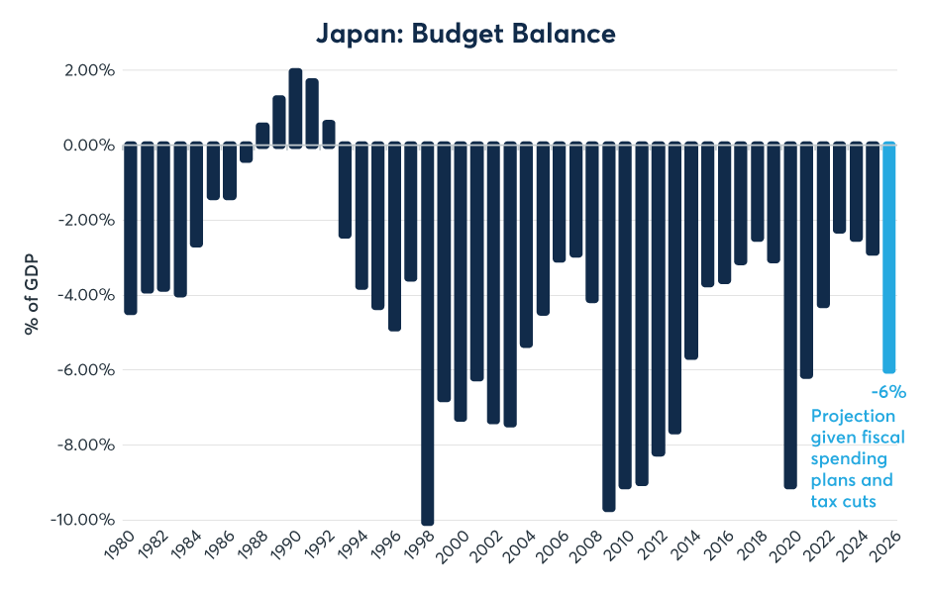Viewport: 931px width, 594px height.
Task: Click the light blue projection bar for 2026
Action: click(889, 257)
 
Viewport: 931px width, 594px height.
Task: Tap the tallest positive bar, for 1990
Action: click(295, 108)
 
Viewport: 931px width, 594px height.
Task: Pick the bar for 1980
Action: click(131, 228)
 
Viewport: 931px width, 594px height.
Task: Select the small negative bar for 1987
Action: click(246, 152)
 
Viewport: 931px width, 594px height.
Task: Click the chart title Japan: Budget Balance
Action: click(465, 33)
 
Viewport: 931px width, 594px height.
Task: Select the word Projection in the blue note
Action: click(853, 416)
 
